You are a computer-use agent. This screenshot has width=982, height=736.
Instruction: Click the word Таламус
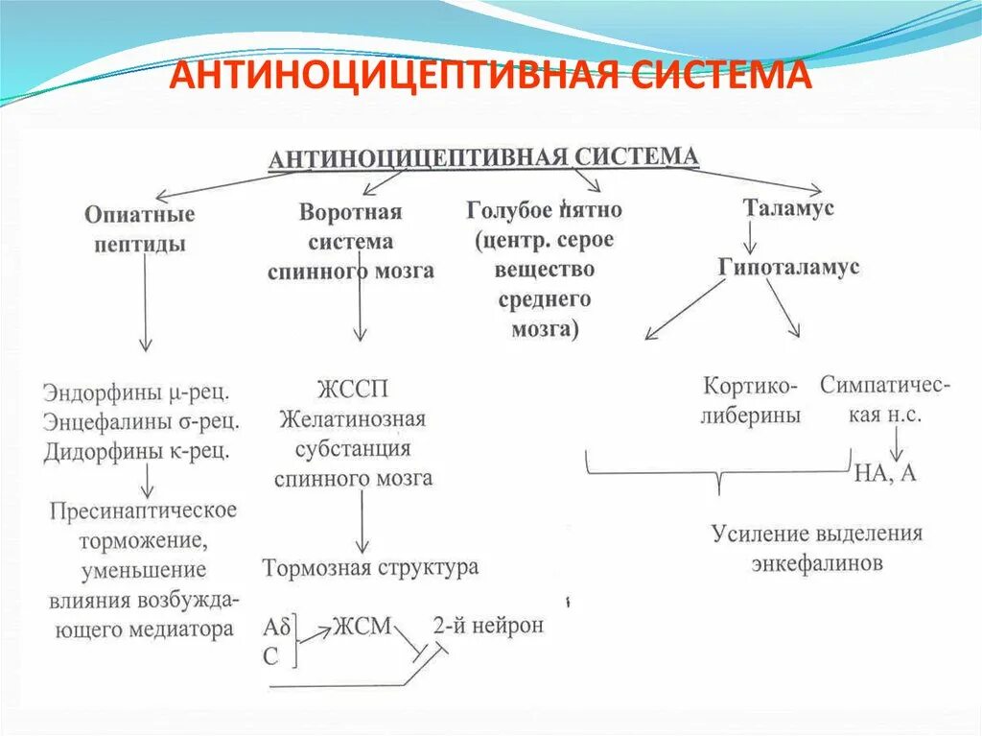coord(788,207)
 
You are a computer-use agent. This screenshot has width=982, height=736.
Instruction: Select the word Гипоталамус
coord(788,268)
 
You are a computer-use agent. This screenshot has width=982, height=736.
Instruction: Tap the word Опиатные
coord(139,213)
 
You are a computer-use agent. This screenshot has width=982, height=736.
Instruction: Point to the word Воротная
coord(350,212)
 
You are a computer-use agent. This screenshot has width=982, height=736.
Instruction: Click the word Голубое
coord(508,209)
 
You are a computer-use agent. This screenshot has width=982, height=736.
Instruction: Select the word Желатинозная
coord(352,419)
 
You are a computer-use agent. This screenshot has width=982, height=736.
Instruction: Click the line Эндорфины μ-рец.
coord(140,392)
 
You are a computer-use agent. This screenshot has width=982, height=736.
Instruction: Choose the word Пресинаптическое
coord(143,510)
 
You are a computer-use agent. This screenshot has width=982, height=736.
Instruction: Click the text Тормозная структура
coord(370,567)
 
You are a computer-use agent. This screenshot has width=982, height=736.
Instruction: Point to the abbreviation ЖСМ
coord(362,627)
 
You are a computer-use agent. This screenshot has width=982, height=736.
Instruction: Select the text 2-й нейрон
coord(488,626)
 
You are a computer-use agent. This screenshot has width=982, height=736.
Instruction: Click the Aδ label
coord(275,629)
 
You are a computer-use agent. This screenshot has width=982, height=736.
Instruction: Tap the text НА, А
coord(884,473)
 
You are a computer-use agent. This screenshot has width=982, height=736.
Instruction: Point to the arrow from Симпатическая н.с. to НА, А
coord(895,441)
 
